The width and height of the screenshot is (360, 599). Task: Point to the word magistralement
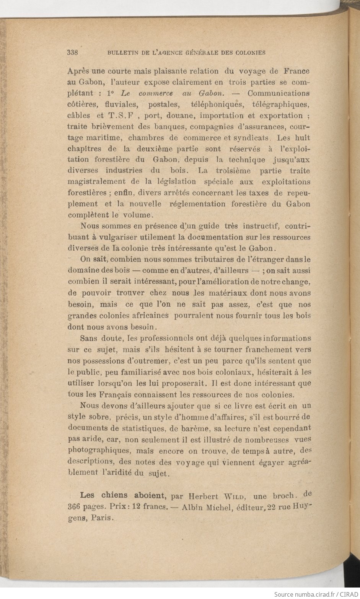(96, 182)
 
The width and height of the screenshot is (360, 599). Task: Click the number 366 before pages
(75, 507)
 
